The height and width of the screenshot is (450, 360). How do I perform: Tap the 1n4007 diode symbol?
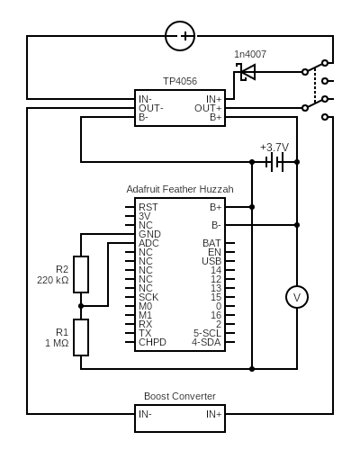click(246, 72)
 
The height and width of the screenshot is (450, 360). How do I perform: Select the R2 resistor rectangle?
click(81, 274)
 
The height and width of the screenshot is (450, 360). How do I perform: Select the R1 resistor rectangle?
click(81, 337)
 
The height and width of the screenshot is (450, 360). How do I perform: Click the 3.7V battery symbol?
click(274, 162)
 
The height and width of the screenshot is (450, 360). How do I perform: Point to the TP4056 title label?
click(180, 81)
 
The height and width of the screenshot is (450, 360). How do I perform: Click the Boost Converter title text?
click(180, 396)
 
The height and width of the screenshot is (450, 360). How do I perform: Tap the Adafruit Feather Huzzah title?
click(180, 189)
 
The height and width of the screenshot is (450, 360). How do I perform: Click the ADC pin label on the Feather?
click(148, 243)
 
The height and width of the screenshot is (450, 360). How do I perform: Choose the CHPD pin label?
click(152, 342)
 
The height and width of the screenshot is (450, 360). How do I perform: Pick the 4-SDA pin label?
click(206, 342)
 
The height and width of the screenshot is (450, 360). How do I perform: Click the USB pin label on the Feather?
click(211, 261)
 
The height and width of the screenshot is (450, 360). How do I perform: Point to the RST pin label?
click(148, 207)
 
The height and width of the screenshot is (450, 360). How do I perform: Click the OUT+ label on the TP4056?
click(208, 108)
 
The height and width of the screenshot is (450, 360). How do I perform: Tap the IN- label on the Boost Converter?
click(145, 414)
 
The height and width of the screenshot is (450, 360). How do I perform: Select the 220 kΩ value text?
click(53, 280)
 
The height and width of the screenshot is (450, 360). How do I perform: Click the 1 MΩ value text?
click(57, 343)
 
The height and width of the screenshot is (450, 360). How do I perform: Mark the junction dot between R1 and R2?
click(81, 306)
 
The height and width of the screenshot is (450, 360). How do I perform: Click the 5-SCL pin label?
click(207, 333)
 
